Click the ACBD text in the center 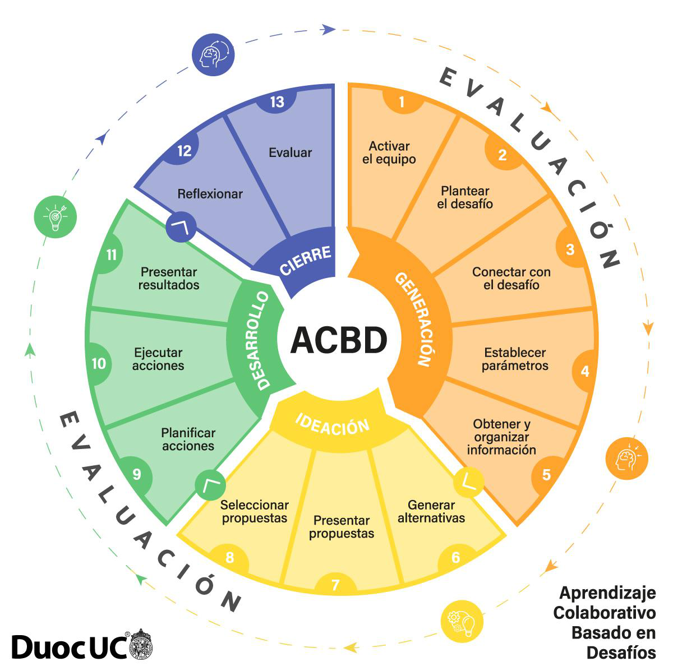[339, 340]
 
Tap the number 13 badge [277, 101]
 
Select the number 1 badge [402, 101]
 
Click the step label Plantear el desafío [465, 197]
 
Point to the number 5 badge [546, 475]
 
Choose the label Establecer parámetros [515, 359]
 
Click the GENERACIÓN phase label [416, 319]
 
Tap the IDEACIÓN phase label [333, 424]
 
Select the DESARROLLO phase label [257, 340]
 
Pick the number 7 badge [335, 585]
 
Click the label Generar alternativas [431, 511]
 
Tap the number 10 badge [99, 363]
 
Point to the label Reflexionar [210, 194]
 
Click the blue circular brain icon [213, 54]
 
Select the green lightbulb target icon [55, 216]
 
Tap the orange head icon [627, 459]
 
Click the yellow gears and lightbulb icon [462, 621]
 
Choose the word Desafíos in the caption [621, 653]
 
